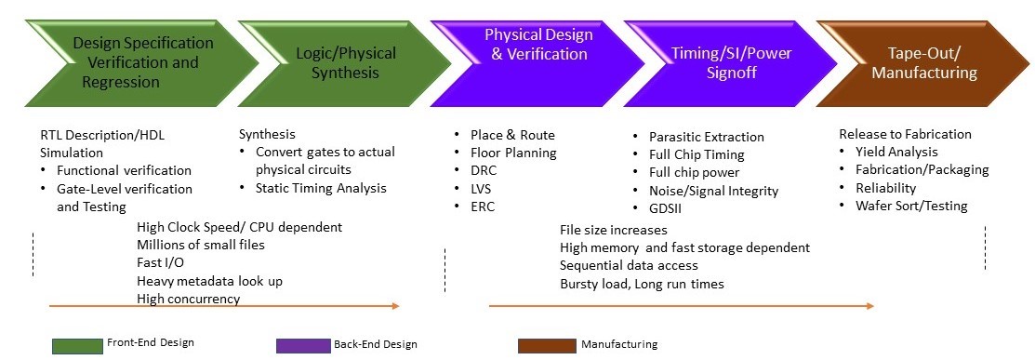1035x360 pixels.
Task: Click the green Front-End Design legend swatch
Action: [77, 345]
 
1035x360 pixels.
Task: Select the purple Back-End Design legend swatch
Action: [302, 345]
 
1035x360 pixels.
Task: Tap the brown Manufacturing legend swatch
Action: [546, 345]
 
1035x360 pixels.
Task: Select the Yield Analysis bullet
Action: [896, 152]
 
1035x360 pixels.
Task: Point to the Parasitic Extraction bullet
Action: [706, 137]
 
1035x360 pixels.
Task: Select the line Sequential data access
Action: [629, 265]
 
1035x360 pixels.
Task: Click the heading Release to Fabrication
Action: [892, 134]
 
